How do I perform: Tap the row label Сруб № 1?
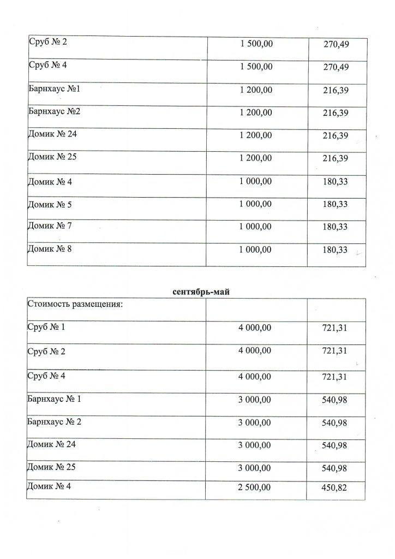point(46,327)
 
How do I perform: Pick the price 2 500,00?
point(255,489)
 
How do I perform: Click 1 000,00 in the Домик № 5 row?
point(255,205)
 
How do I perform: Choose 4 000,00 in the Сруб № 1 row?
point(255,328)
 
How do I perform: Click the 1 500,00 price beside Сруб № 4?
point(255,67)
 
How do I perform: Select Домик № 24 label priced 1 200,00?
point(52,134)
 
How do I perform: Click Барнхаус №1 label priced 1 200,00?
point(53,89)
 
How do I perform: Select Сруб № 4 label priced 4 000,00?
point(46,376)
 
